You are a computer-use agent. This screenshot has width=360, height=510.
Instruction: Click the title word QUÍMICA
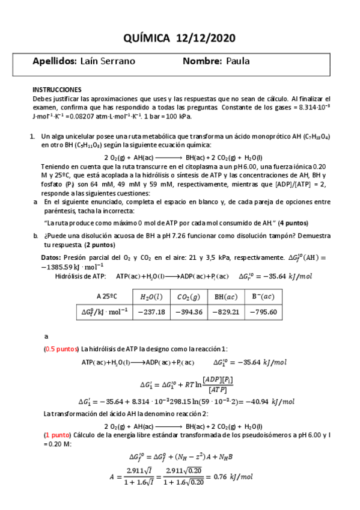click(148, 38)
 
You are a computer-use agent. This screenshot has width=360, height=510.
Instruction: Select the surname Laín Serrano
click(107, 61)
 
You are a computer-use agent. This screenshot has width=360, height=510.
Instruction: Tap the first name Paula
click(237, 61)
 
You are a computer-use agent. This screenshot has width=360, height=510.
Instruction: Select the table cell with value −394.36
click(188, 312)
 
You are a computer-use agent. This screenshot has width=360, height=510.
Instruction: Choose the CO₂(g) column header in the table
click(188, 296)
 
